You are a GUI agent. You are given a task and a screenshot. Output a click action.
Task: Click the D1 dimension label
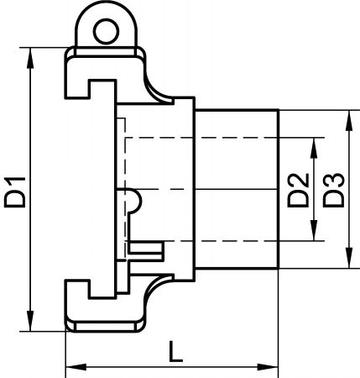(15, 192)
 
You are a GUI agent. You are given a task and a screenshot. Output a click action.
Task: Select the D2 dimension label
(298, 191)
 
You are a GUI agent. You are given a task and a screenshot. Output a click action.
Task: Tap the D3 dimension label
(333, 191)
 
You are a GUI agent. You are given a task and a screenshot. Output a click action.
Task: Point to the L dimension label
(175, 351)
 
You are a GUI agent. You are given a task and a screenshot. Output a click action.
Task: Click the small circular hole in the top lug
(106, 32)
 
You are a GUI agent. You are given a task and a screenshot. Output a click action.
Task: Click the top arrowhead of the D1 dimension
(30, 58)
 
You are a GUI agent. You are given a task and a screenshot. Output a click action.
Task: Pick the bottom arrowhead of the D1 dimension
(30, 321)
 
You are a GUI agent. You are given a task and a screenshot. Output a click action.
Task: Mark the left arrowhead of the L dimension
(76, 367)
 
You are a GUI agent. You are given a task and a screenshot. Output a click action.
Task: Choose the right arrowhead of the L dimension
(268, 367)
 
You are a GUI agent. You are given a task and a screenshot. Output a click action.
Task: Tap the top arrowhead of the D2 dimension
(314, 148)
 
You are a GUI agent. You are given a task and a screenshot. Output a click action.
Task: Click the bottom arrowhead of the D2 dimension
(314, 230)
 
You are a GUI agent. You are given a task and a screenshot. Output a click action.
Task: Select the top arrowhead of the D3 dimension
(349, 120)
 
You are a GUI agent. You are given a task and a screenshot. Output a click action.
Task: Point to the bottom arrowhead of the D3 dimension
(349, 258)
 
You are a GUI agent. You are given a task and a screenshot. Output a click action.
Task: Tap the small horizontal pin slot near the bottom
(146, 248)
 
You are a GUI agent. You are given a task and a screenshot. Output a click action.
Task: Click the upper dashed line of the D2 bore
(225, 138)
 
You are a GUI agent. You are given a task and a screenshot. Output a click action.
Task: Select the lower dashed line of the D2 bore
(225, 241)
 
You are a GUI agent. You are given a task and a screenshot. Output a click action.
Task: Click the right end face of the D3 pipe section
(279, 189)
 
